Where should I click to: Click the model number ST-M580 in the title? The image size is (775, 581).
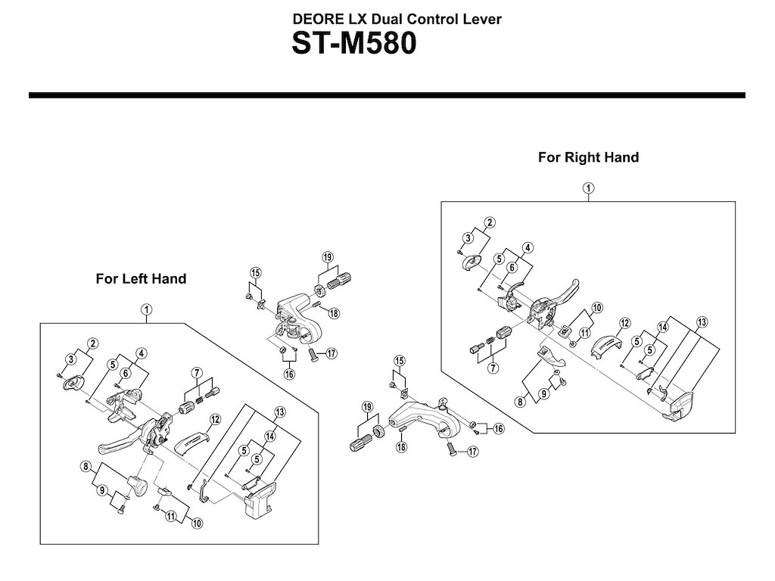click(354, 43)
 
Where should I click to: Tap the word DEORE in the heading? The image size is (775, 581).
click(316, 19)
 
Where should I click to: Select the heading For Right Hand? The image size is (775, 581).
click(588, 157)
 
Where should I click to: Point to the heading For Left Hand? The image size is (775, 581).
click(141, 278)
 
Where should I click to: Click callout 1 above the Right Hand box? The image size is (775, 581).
click(588, 188)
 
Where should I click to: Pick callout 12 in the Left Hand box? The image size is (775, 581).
click(215, 419)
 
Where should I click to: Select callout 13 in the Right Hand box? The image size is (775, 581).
click(703, 322)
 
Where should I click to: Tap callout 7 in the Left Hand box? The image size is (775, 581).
click(197, 372)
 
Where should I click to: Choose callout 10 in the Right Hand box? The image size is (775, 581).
click(597, 307)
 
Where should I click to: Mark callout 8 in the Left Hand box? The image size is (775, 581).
click(87, 467)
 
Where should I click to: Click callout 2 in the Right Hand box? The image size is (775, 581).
click(490, 222)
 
